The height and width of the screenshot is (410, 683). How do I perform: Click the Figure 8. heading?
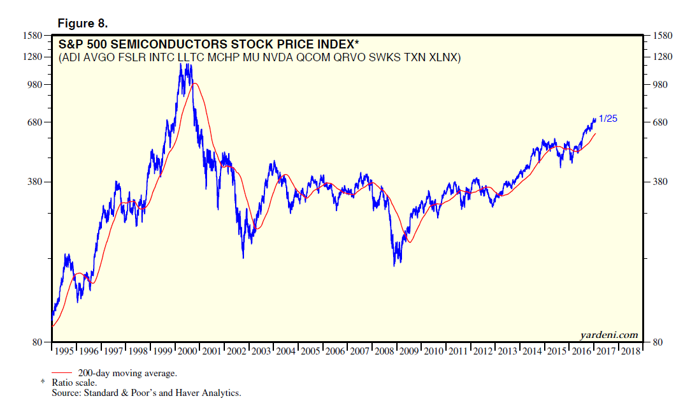[x=83, y=24]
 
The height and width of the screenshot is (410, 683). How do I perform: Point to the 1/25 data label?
[x=608, y=119]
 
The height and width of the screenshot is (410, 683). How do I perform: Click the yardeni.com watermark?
[x=608, y=335]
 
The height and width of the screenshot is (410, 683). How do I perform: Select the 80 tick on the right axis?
[x=656, y=343]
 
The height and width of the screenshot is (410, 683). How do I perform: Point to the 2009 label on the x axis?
[x=408, y=351]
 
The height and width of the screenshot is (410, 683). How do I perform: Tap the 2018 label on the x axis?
[x=630, y=351]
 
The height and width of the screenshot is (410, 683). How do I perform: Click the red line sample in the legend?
[x=63, y=372]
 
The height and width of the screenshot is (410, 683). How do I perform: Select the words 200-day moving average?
[x=127, y=372]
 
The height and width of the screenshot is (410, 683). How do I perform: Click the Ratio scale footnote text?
[x=75, y=383]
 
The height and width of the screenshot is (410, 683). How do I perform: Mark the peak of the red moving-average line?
[x=194, y=83]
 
